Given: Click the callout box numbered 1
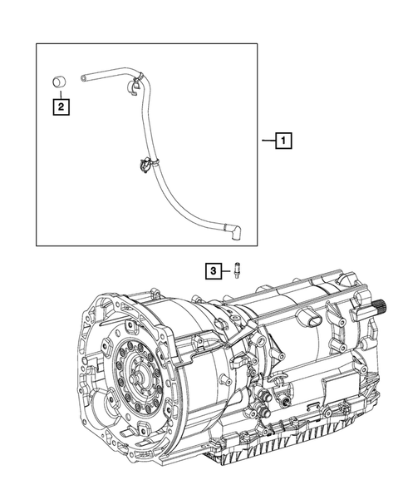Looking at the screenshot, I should click(x=284, y=142).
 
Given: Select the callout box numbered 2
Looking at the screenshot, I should click(x=61, y=106).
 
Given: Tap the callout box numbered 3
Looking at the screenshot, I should click(x=214, y=270).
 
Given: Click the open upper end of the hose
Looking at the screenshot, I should click(x=85, y=77).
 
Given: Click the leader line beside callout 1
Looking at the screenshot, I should click(x=268, y=142).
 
